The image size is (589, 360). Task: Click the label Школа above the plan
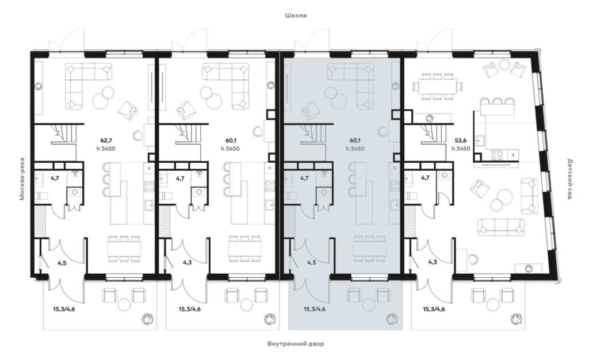coord(296,16)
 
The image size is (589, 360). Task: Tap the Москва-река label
coord(22,179)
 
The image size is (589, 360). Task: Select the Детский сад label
coord(569,179)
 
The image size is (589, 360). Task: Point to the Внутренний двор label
coord(296,343)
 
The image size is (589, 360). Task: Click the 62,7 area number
coord(106,141)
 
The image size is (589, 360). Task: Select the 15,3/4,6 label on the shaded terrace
coord(315,309)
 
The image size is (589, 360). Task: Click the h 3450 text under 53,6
coord(461,148)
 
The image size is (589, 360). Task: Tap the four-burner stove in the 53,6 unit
coord(496,155)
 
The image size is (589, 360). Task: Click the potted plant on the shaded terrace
coord(393,319)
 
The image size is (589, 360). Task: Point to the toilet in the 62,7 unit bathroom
coord(41,196)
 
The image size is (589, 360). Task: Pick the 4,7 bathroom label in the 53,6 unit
coord(425,178)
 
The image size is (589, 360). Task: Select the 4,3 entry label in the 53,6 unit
coord(433,262)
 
